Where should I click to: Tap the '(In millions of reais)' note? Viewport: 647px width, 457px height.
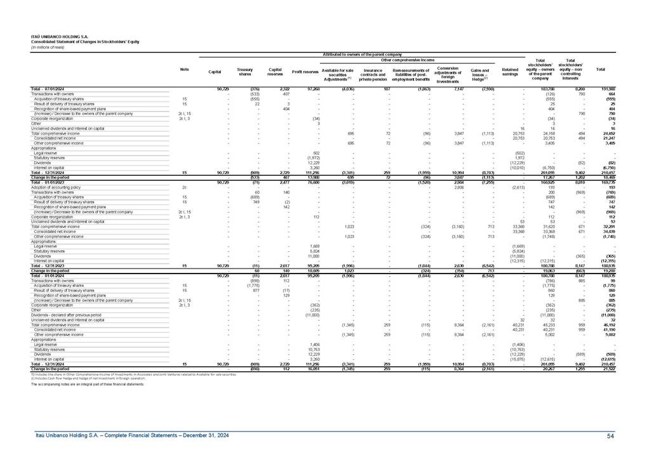coord(48,46)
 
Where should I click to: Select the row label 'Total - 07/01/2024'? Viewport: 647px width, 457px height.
coord(50,88)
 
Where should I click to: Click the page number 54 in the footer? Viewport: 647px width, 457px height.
coord(610,435)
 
